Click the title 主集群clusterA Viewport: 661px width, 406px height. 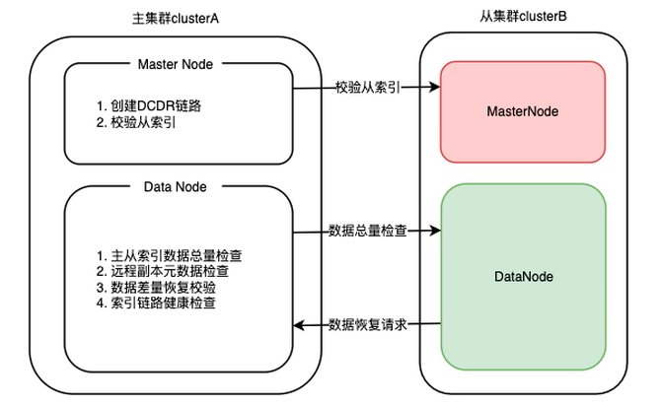click(176, 18)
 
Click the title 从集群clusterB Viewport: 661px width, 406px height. click(522, 18)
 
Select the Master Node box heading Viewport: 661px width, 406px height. click(179, 64)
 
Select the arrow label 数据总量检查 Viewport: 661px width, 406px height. click(366, 232)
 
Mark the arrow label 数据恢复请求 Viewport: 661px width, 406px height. click(366, 324)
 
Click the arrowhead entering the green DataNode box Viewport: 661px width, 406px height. click(434, 233)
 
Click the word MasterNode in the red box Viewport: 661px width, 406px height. click(523, 111)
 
